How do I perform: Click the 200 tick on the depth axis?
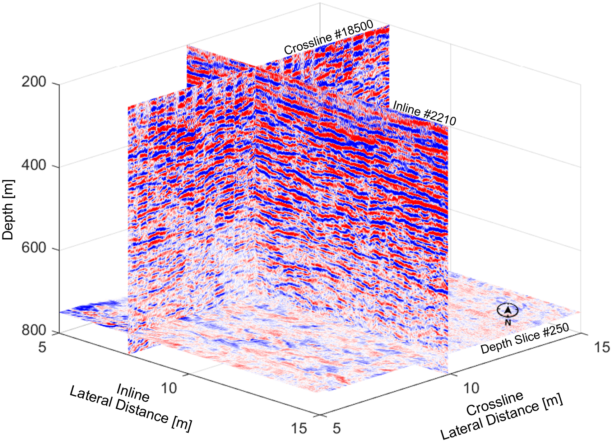click(34, 82)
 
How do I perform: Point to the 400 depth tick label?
click(34, 165)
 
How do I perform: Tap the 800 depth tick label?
click(34, 330)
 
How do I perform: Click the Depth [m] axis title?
click(8, 210)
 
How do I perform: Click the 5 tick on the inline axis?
click(42, 347)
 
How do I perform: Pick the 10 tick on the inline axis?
click(168, 388)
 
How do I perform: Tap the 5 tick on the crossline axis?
click(336, 428)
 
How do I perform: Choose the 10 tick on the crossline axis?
click(471, 388)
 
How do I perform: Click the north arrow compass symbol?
click(507, 310)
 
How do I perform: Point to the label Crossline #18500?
click(329, 37)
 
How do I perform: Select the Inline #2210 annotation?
click(424, 113)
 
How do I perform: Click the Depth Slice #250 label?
click(525, 339)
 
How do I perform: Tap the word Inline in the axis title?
click(133, 392)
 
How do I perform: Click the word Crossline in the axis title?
click(495, 403)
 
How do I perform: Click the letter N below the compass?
click(508, 322)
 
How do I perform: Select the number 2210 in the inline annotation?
click(440, 117)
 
